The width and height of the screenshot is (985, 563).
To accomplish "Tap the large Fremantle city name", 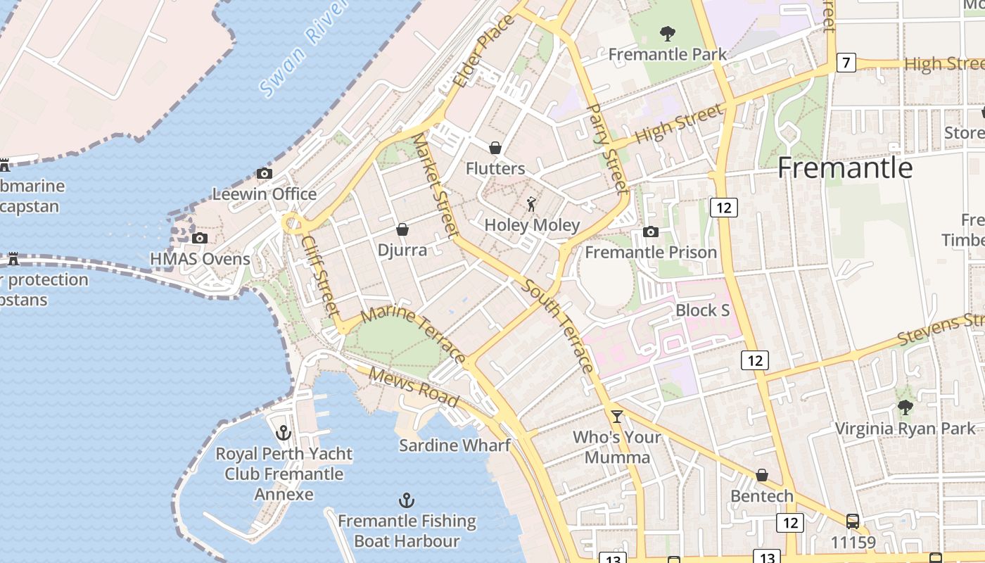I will point(845,168).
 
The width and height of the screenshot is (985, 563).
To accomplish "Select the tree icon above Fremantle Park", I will point(667,33).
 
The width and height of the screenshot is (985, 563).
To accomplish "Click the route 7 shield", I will point(846,63).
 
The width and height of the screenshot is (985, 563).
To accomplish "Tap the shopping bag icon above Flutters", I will point(495,148).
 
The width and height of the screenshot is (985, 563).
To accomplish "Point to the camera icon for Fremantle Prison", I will point(651,232).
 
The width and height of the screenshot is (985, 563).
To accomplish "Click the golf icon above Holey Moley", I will point(531,204).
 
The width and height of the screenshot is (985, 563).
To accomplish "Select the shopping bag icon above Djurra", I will point(402,229).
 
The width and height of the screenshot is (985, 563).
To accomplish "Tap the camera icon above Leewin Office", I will point(265,173).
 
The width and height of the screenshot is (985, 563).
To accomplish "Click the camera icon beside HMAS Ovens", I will point(200,238).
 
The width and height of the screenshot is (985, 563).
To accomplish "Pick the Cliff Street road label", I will point(321,275).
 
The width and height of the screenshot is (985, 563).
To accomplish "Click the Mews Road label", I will point(414,388).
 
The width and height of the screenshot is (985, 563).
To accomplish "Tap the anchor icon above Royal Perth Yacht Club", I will point(284,432).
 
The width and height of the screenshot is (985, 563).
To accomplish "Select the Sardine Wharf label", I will point(455,445).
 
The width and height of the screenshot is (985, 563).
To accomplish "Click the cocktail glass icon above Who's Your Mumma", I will point(617,416).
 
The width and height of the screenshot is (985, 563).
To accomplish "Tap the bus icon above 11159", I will point(853,521).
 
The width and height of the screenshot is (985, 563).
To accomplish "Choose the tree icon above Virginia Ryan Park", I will point(905,407).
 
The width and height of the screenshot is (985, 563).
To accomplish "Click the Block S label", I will point(702,310).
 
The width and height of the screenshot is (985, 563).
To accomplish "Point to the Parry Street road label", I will point(606,148).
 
